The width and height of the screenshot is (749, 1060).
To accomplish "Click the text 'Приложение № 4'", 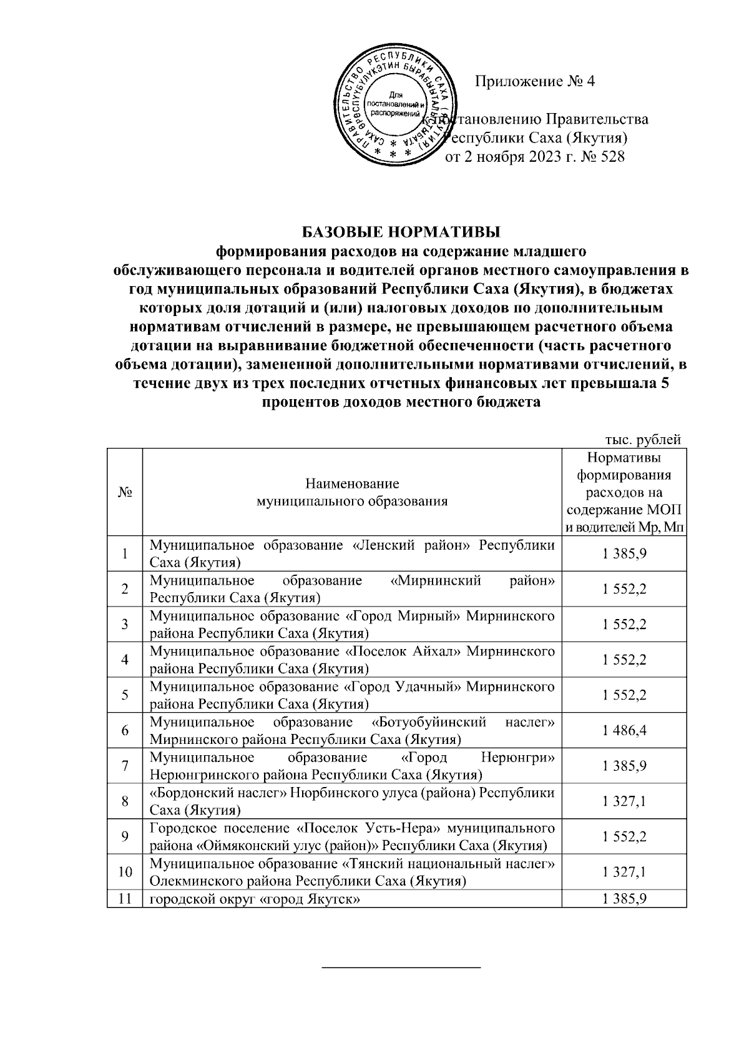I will click(536, 82).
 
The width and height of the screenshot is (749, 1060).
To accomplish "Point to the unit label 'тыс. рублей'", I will click(642, 440).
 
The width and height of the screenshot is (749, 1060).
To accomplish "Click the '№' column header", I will click(125, 492).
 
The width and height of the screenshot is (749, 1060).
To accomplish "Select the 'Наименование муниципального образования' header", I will click(352, 492).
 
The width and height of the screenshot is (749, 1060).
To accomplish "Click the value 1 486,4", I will click(624, 730).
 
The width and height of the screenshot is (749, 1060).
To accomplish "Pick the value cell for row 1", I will click(624, 553).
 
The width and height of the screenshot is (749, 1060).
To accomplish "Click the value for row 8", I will click(624, 801).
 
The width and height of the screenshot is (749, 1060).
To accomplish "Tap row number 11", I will click(125, 899).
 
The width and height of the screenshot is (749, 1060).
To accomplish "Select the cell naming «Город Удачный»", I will click(352, 695).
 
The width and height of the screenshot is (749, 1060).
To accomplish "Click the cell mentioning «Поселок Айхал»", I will click(352, 660).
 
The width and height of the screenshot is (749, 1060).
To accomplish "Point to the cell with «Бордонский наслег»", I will click(352, 801).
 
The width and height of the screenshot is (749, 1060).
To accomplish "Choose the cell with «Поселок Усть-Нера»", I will click(352, 837).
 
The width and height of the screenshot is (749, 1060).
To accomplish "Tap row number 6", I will click(125, 730).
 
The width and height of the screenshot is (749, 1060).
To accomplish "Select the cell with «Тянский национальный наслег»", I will click(352, 872).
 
